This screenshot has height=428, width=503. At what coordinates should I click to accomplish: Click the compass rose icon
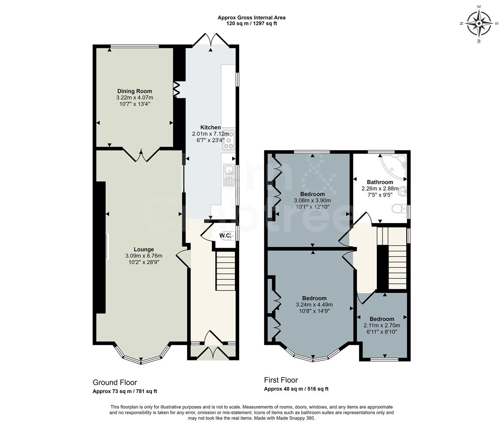(479, 23)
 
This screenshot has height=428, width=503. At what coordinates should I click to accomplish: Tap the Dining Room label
(134, 91)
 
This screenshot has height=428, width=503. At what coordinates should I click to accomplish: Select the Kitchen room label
(210, 127)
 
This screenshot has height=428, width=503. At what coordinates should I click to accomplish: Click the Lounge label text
(144, 249)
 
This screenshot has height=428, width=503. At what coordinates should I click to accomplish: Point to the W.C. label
(225, 236)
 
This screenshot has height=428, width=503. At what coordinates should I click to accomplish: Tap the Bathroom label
(380, 182)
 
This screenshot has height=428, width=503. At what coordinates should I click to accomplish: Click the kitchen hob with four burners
(228, 140)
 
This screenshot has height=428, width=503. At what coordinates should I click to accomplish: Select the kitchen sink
(229, 175)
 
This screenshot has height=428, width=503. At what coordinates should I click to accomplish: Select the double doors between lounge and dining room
(141, 155)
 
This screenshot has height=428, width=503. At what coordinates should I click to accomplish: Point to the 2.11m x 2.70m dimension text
(382, 325)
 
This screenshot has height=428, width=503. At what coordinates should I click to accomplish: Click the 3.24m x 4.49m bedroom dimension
(314, 305)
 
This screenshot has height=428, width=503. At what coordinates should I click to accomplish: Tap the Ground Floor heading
(115, 382)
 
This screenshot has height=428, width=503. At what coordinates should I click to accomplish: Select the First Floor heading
(281, 380)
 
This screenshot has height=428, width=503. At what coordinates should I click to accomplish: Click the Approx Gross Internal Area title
(251, 17)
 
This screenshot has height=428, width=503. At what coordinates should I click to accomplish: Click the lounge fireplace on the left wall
(106, 246)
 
